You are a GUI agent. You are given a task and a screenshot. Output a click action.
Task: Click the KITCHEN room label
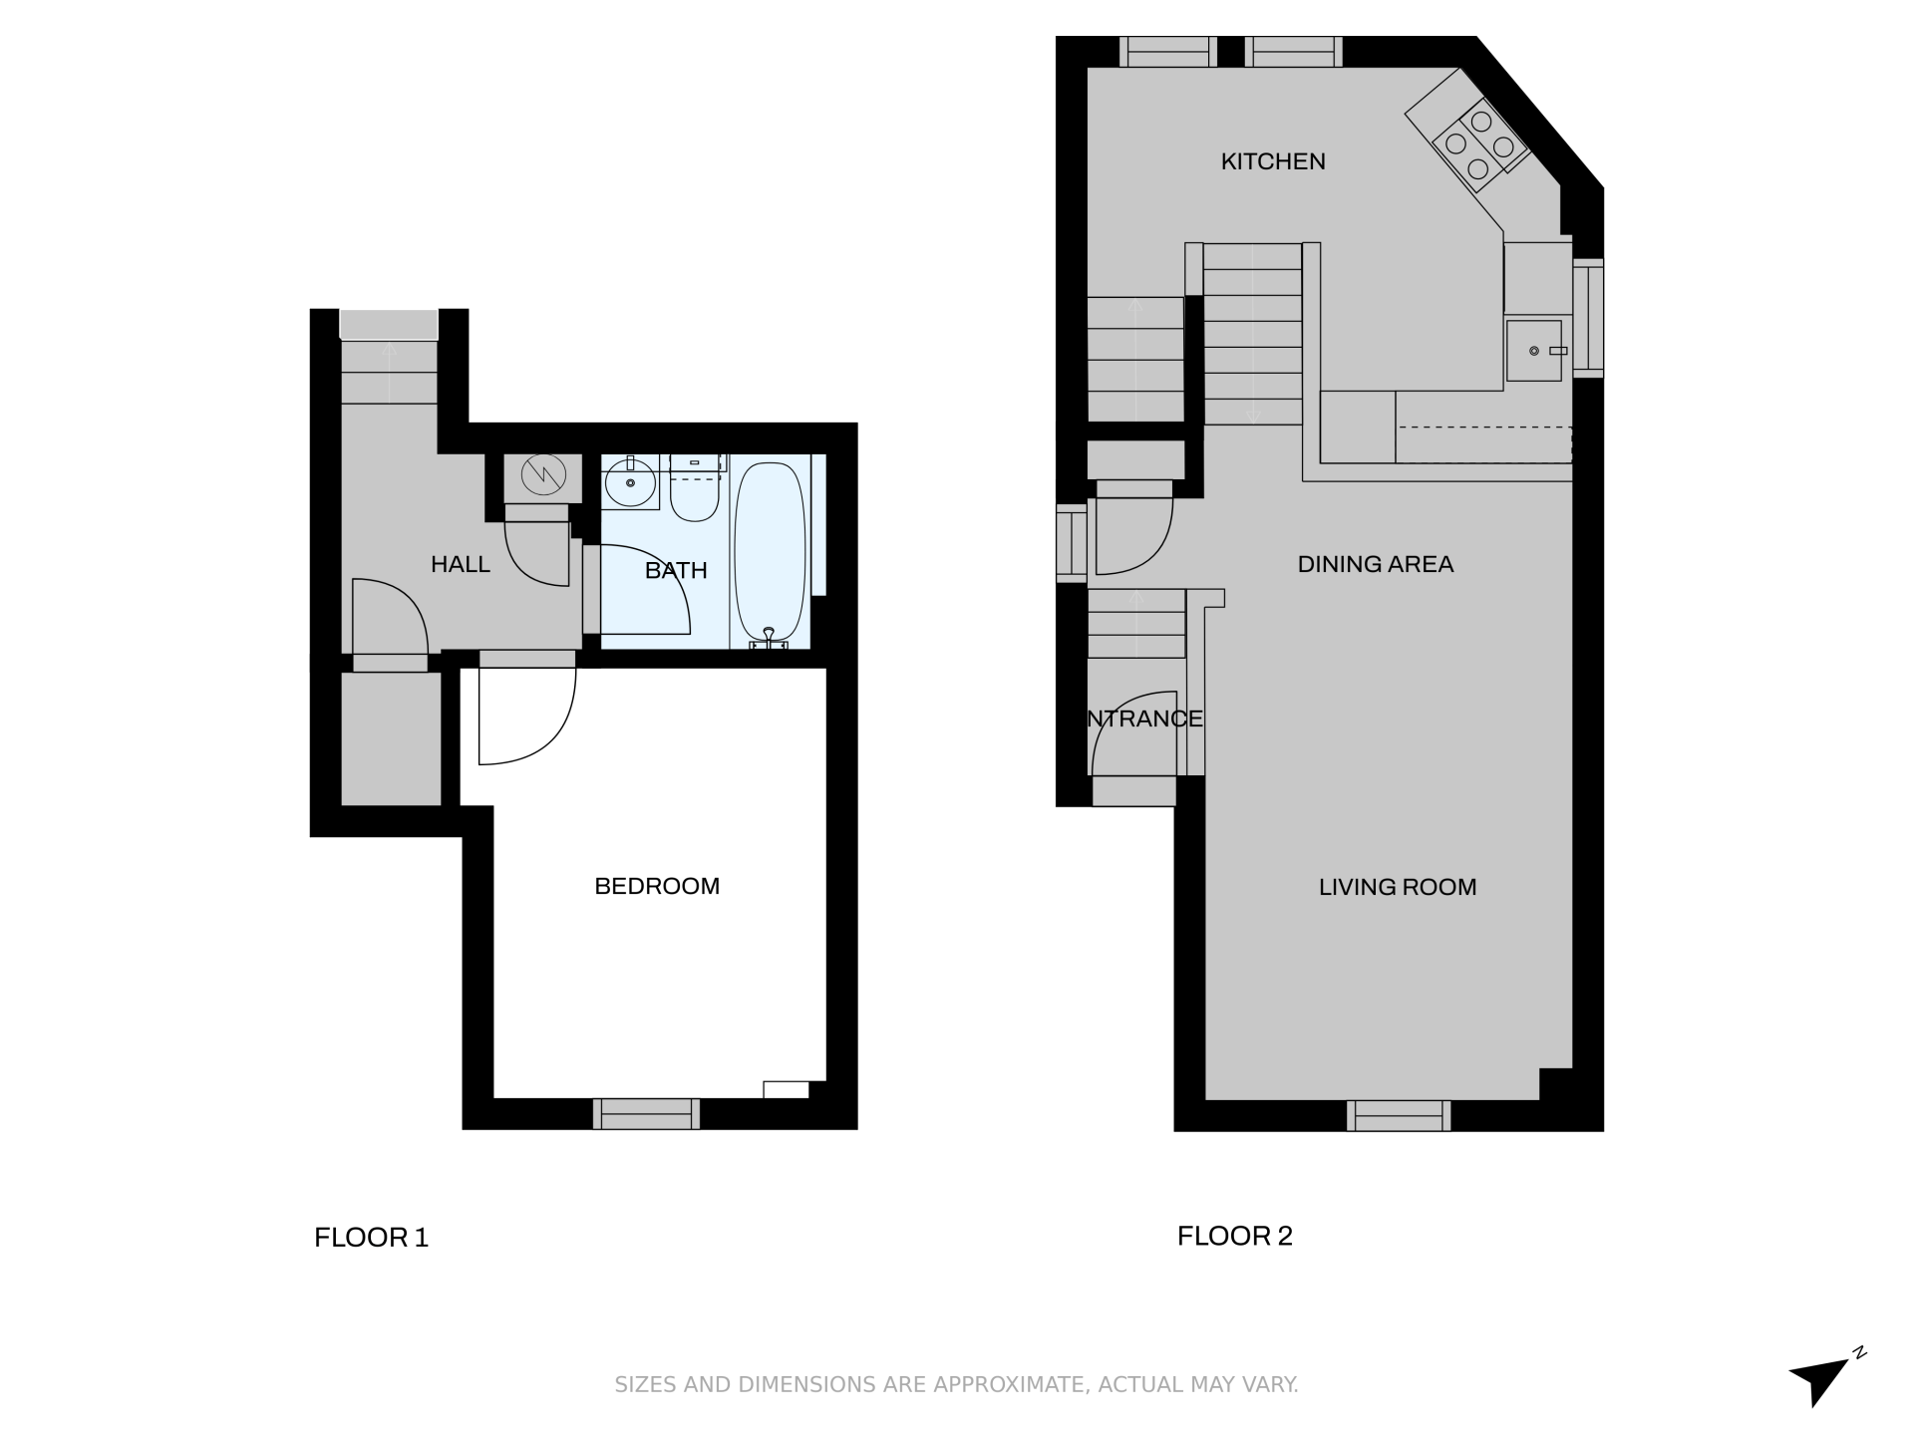[x=1273, y=161]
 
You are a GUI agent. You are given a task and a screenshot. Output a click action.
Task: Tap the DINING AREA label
[x=1376, y=564]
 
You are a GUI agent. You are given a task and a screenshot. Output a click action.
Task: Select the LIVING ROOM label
[x=1398, y=887]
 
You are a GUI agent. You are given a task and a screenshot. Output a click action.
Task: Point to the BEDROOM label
[x=657, y=886]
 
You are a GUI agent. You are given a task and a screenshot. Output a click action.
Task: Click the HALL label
[x=461, y=564]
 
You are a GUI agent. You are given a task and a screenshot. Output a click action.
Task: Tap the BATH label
[x=676, y=570]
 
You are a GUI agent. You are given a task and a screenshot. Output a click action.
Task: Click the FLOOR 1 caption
[x=371, y=1238]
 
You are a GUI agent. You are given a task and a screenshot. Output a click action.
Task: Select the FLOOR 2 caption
[x=1234, y=1236]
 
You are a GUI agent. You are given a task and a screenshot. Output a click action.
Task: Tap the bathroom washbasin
[x=630, y=483]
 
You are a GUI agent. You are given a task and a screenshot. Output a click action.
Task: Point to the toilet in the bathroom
[x=695, y=488]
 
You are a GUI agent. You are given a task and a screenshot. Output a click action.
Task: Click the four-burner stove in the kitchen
[x=1480, y=145]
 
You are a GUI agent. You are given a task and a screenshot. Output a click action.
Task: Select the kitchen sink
[x=1534, y=351]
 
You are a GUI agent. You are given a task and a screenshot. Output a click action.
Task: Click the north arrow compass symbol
[x=1825, y=1379]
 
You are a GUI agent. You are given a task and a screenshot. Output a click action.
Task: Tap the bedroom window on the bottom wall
[x=646, y=1114]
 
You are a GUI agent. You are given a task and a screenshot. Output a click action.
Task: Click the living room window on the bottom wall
[x=1399, y=1116]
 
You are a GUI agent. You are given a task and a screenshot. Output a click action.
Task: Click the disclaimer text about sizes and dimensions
[x=956, y=1384]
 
